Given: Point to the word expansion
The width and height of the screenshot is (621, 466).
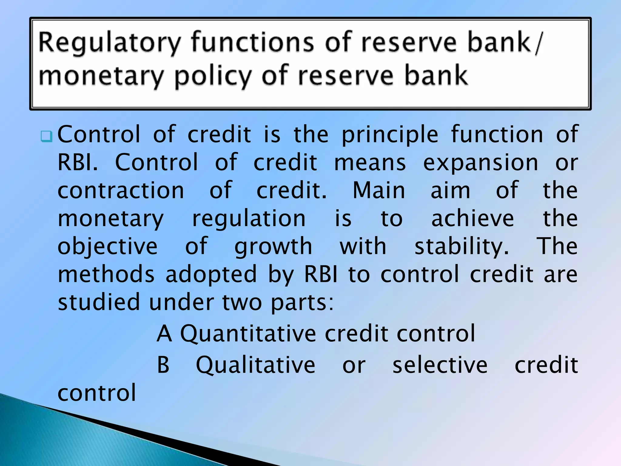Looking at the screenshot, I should [x=481, y=163].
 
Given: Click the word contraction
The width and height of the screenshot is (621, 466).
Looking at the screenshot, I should [x=121, y=191].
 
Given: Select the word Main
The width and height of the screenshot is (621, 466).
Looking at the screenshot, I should [x=379, y=191].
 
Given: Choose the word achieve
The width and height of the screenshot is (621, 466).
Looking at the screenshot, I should [x=472, y=218].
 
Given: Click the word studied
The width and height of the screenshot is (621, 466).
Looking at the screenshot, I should [x=99, y=302].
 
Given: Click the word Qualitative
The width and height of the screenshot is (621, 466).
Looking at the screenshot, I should [x=256, y=365].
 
